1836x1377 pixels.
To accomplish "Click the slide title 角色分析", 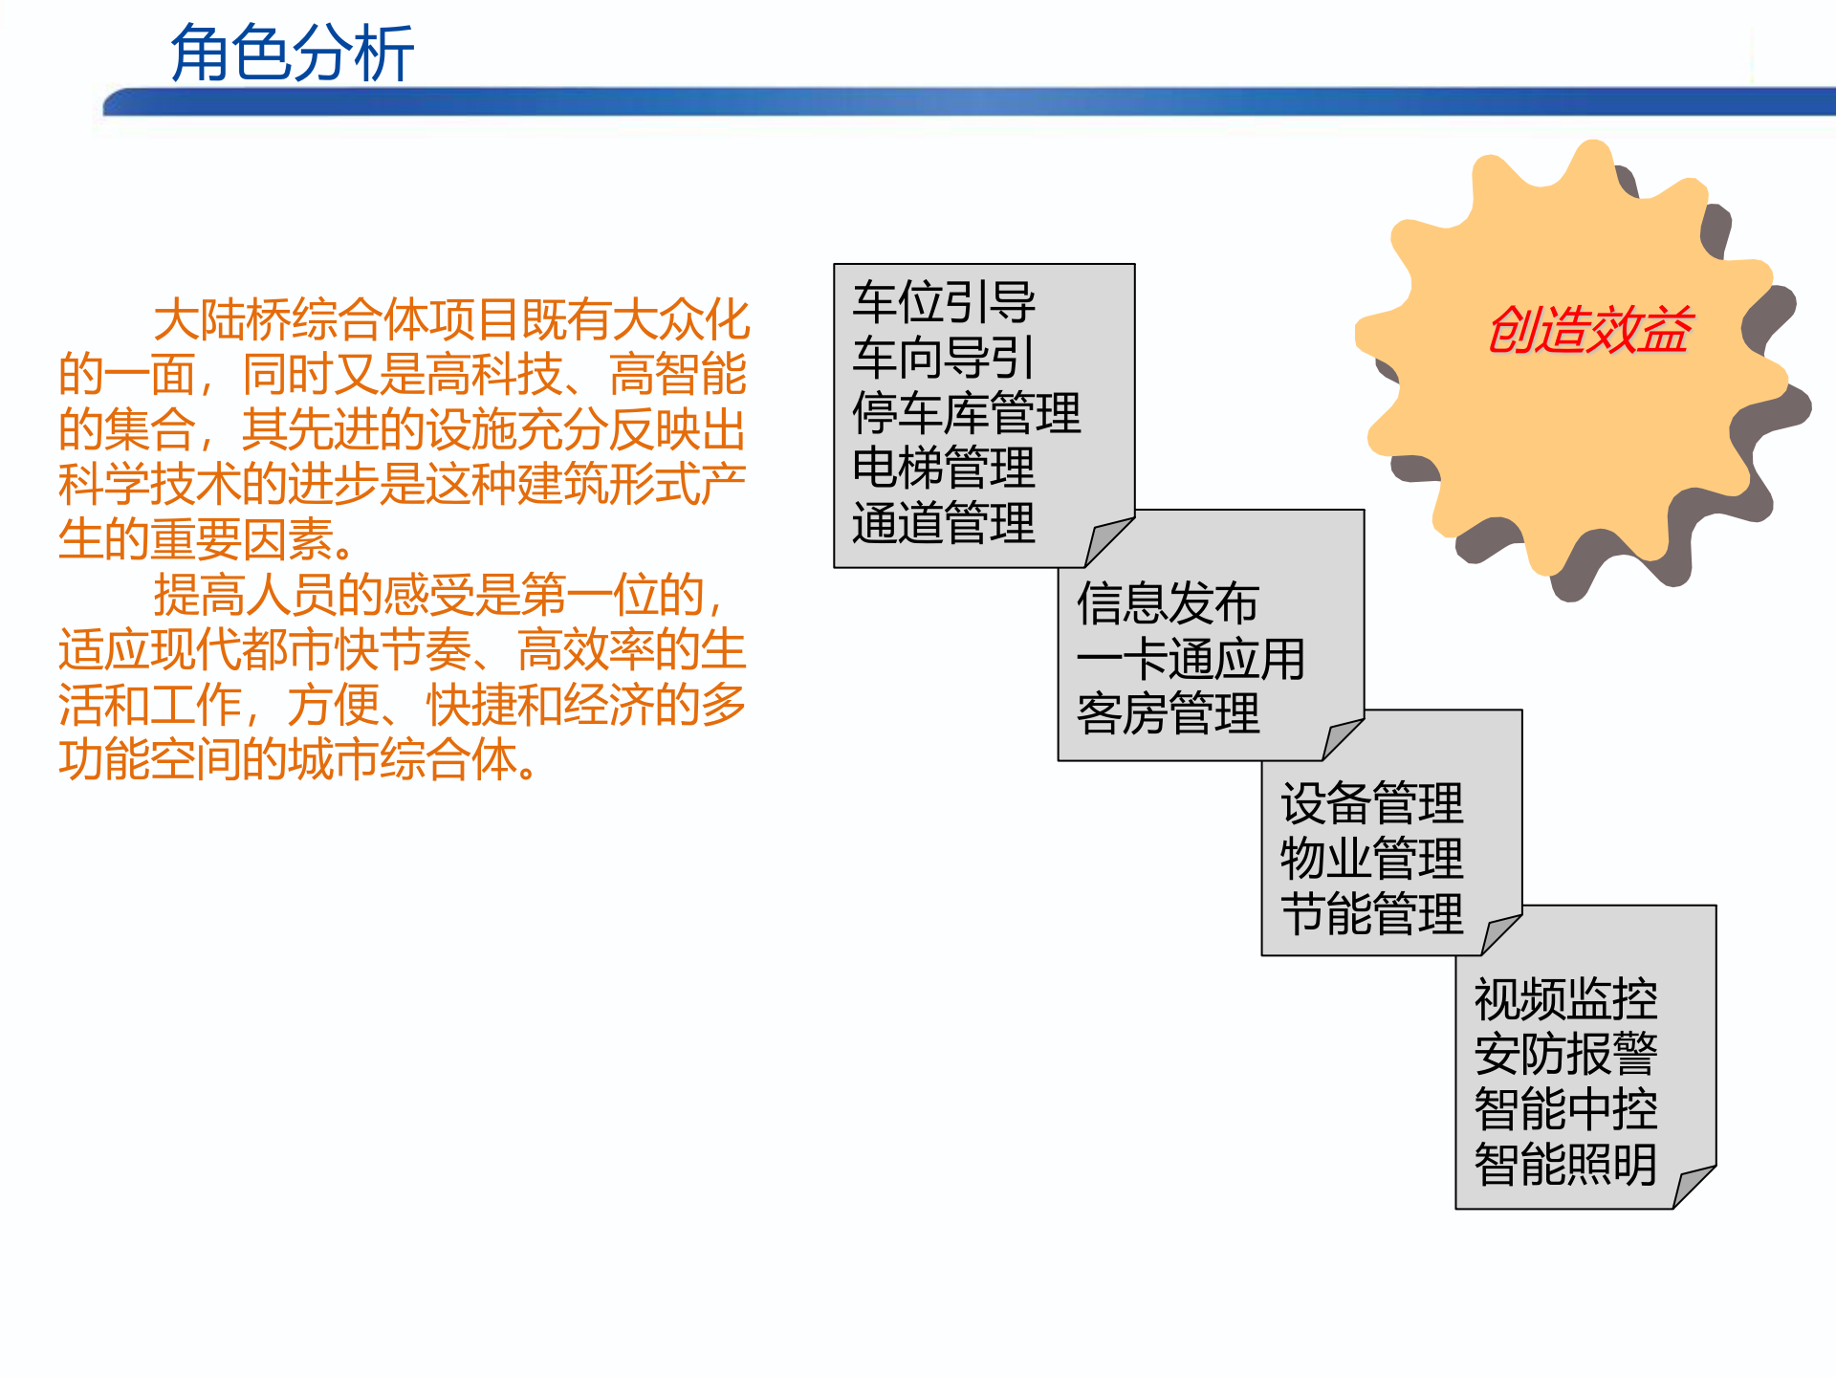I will [292, 54].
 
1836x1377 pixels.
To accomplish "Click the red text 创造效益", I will [1589, 330].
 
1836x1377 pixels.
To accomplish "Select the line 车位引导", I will [943, 302].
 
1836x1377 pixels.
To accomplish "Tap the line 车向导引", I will [943, 358].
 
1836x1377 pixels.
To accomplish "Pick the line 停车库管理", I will [966, 413].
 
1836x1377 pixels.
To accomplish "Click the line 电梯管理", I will [943, 469].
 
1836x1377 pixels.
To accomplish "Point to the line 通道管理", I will [943, 524].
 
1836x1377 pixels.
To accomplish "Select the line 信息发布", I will [1167, 603].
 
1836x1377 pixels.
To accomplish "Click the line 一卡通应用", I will [1191, 659].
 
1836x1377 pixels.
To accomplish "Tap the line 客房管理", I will [1168, 714].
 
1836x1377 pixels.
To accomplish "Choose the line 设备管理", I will [1371, 803].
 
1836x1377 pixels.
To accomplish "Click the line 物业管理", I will [1371, 859].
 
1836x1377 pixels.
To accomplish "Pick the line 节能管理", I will [1371, 914].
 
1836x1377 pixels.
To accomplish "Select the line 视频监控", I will [1565, 999].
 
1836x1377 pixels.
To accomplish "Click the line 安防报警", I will [1565, 1055].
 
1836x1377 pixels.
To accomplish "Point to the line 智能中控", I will [1565, 1110].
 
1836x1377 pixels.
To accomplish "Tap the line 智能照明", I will [1565, 1166].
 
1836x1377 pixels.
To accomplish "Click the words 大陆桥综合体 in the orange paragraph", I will [291, 319].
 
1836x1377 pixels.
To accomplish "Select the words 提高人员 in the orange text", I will [245, 596].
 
